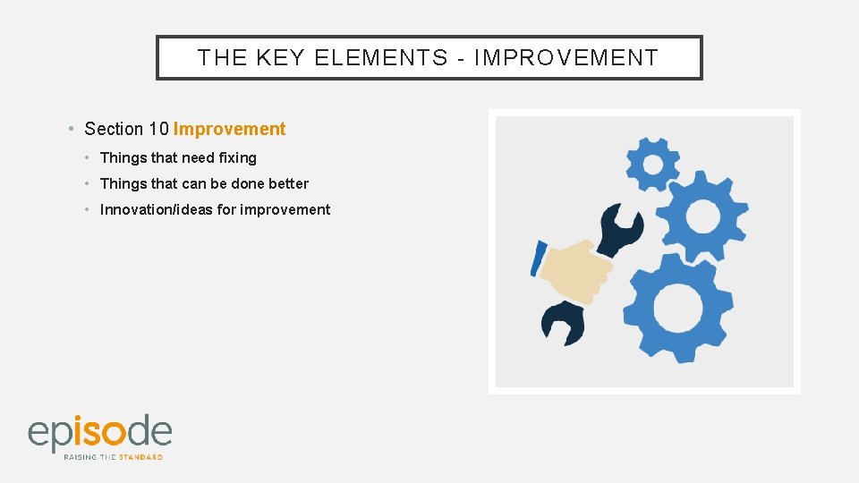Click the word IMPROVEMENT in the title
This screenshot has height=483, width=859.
pos(566,58)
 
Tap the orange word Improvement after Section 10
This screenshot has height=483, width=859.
pos(229,129)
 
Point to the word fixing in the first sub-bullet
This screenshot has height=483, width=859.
pos(237,157)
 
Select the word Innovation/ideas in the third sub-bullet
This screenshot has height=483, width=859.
pos(156,209)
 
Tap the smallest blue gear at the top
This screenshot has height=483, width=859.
pos(652,164)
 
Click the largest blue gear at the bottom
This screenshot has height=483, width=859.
pos(677,307)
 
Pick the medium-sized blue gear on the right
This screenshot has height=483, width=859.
pos(702,216)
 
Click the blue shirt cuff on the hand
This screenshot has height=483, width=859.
pos(539,258)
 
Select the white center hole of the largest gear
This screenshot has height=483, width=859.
pos(677,308)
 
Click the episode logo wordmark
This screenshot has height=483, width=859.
pos(99,433)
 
